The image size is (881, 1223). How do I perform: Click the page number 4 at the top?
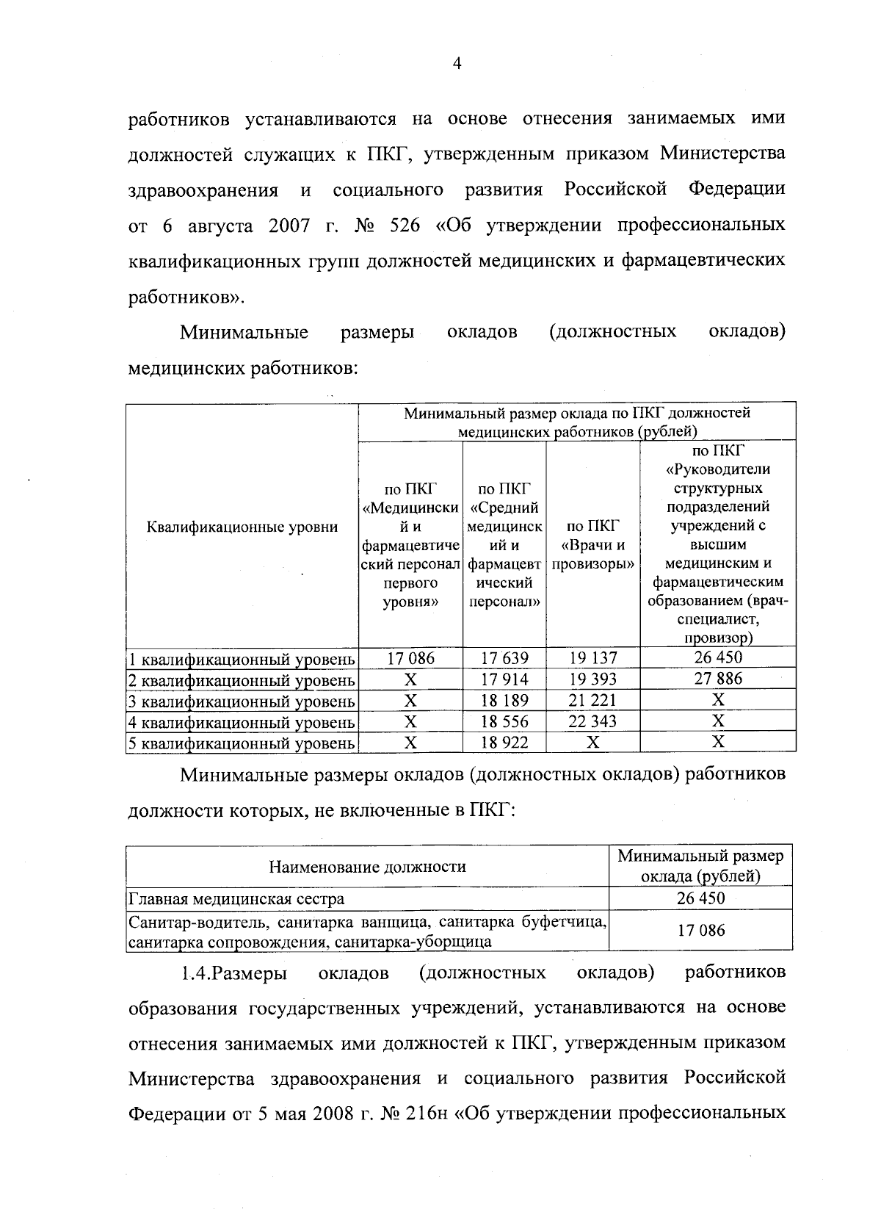457,65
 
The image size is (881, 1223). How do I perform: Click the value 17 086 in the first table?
410,657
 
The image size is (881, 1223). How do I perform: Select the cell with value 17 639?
504,657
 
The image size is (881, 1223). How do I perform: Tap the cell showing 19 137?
592,657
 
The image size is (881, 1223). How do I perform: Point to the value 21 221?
592,700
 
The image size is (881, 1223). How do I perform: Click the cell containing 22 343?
592,721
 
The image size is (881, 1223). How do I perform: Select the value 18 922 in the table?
504,743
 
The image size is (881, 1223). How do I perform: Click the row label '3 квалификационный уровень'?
242,701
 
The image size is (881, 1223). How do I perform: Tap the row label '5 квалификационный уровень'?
242,743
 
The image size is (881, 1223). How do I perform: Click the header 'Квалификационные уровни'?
242,527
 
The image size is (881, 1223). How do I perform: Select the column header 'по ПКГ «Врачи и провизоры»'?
592,545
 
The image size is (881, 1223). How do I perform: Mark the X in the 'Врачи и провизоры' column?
592,743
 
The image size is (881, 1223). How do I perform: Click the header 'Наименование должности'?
367,867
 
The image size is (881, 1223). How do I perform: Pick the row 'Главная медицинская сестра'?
236,898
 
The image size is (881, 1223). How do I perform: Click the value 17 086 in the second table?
700,931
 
